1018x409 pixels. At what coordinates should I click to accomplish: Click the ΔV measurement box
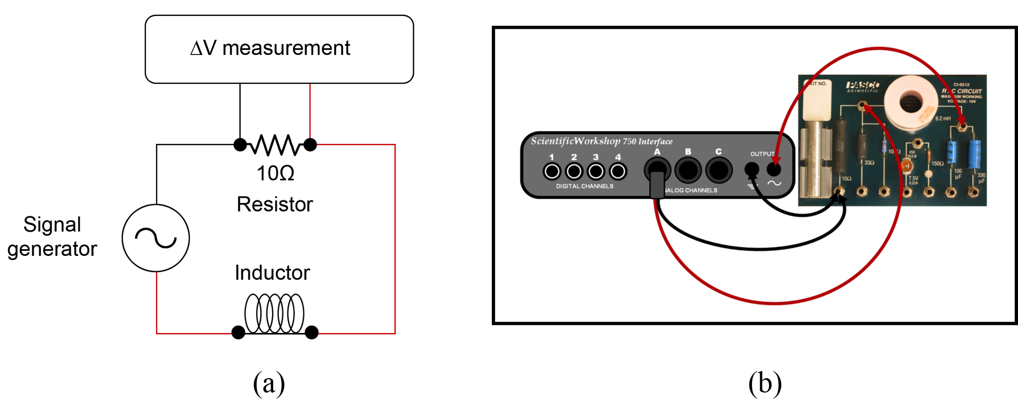click(x=279, y=49)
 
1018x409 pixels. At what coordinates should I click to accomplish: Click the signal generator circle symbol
click(x=156, y=238)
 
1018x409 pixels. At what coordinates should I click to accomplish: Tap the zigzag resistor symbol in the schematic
click(x=275, y=145)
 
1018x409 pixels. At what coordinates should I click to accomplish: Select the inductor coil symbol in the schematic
click(x=274, y=313)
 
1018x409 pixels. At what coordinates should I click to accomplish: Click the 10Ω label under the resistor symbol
click(x=275, y=174)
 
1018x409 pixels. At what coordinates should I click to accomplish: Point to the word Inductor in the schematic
click(x=272, y=273)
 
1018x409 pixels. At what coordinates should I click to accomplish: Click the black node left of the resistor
click(x=240, y=145)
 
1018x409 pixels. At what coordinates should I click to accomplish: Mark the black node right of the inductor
click(x=312, y=332)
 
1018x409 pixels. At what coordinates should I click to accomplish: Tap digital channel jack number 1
click(x=552, y=171)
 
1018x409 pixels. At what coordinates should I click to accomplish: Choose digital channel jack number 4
click(x=618, y=171)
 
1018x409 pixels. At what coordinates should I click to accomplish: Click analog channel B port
click(x=688, y=170)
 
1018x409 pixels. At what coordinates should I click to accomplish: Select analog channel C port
click(x=719, y=170)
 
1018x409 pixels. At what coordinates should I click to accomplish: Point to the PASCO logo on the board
click(x=863, y=85)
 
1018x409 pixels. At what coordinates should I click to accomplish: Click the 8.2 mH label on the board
click(x=943, y=119)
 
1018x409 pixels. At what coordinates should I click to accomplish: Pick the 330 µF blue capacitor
click(x=974, y=154)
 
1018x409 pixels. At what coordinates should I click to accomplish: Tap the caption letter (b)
click(x=765, y=383)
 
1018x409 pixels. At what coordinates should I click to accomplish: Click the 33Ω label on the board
click(x=869, y=163)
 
